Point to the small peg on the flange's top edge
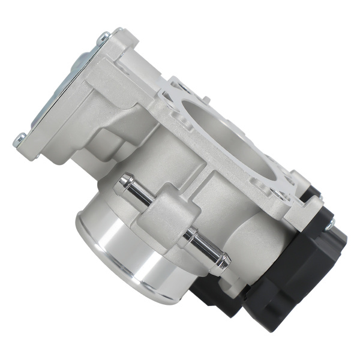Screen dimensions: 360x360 pos(206,100)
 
